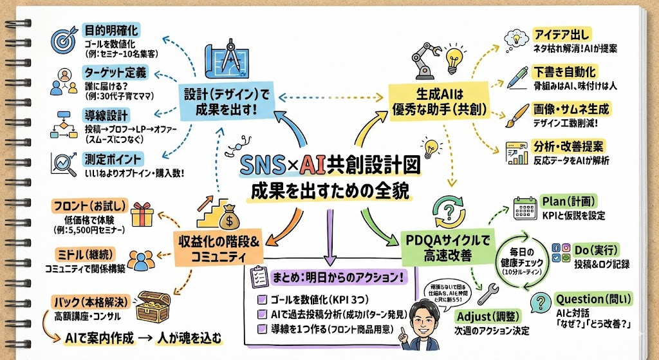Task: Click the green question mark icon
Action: pyautogui.click(x=539, y=303)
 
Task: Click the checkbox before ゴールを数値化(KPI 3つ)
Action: pyautogui.click(x=261, y=299)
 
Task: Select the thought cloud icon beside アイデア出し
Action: pyautogui.click(x=517, y=37)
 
